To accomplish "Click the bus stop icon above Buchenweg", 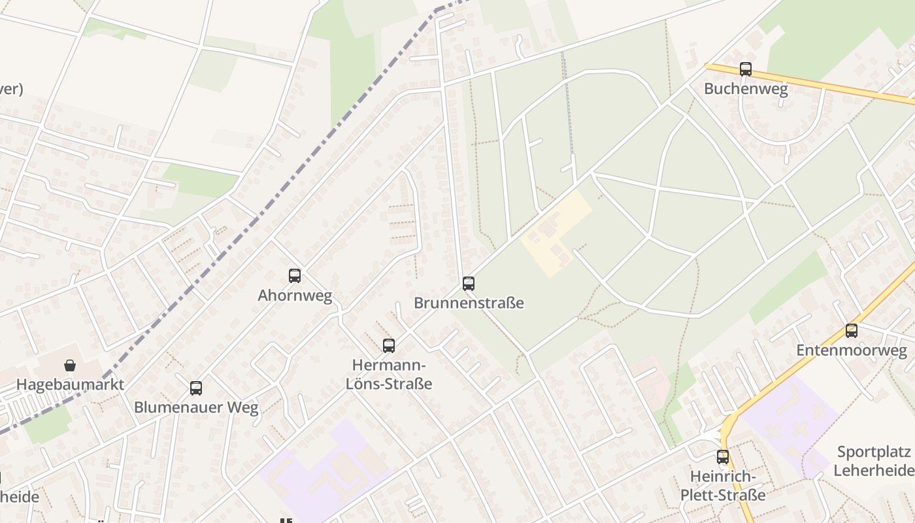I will click(745, 69).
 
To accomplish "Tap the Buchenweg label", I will click(745, 88).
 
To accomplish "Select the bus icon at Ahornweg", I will click(295, 276).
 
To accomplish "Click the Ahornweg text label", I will click(295, 295).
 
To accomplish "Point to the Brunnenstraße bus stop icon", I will click(468, 284).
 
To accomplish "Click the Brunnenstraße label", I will click(469, 303).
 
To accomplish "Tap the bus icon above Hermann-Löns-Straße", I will click(389, 346).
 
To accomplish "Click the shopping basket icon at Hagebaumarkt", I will click(70, 365).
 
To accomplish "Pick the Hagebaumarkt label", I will click(70, 384).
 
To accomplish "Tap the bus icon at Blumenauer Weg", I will click(196, 388).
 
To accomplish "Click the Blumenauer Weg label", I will click(196, 408).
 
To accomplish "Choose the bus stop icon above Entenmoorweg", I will click(851, 331).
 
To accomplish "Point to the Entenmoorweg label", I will click(851, 350).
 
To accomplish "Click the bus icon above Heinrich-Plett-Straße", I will click(722, 457).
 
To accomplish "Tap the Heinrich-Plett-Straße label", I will click(722, 485).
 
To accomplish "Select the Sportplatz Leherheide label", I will click(873, 461).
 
